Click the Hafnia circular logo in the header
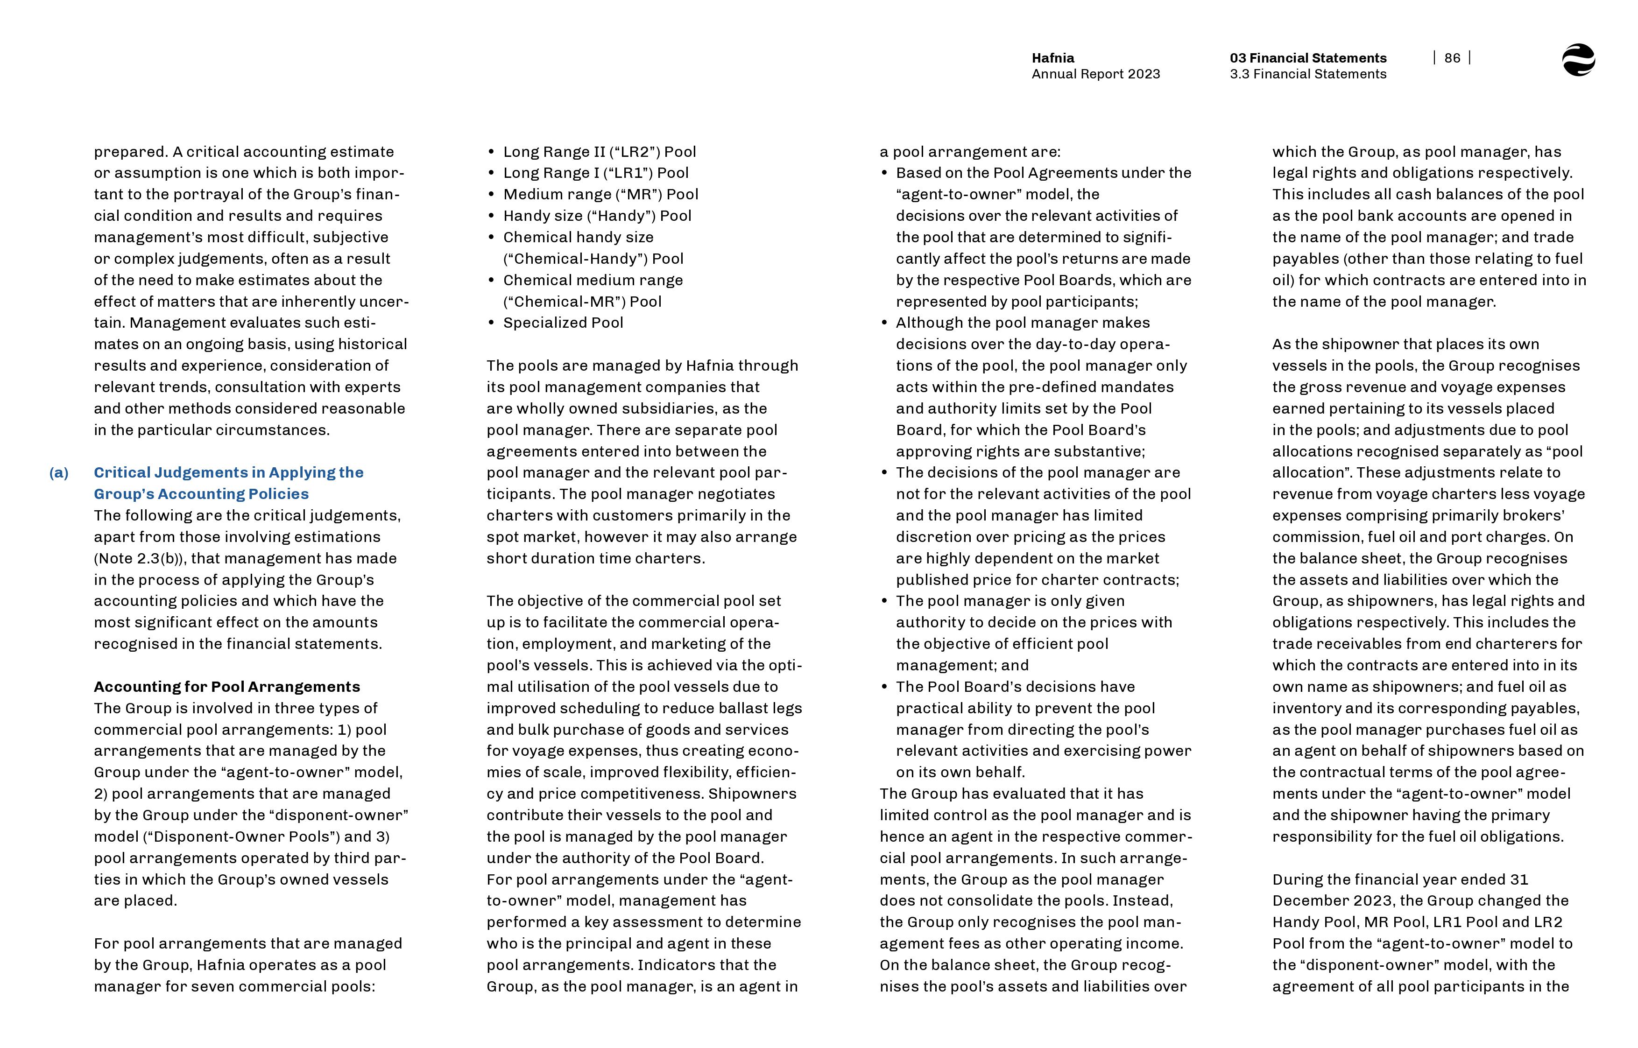(x=1578, y=60)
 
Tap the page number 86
(x=1452, y=58)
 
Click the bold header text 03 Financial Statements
(x=1307, y=58)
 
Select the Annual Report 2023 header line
(x=1095, y=74)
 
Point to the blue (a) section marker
(x=58, y=473)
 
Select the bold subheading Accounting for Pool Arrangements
(x=226, y=687)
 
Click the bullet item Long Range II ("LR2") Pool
(x=599, y=152)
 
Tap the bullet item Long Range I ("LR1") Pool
(x=595, y=173)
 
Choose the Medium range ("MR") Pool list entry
(x=600, y=195)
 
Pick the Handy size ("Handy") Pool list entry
(x=597, y=216)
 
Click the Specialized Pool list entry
(x=563, y=323)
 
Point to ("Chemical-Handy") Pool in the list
(x=593, y=259)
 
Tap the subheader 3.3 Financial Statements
(x=1307, y=74)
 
